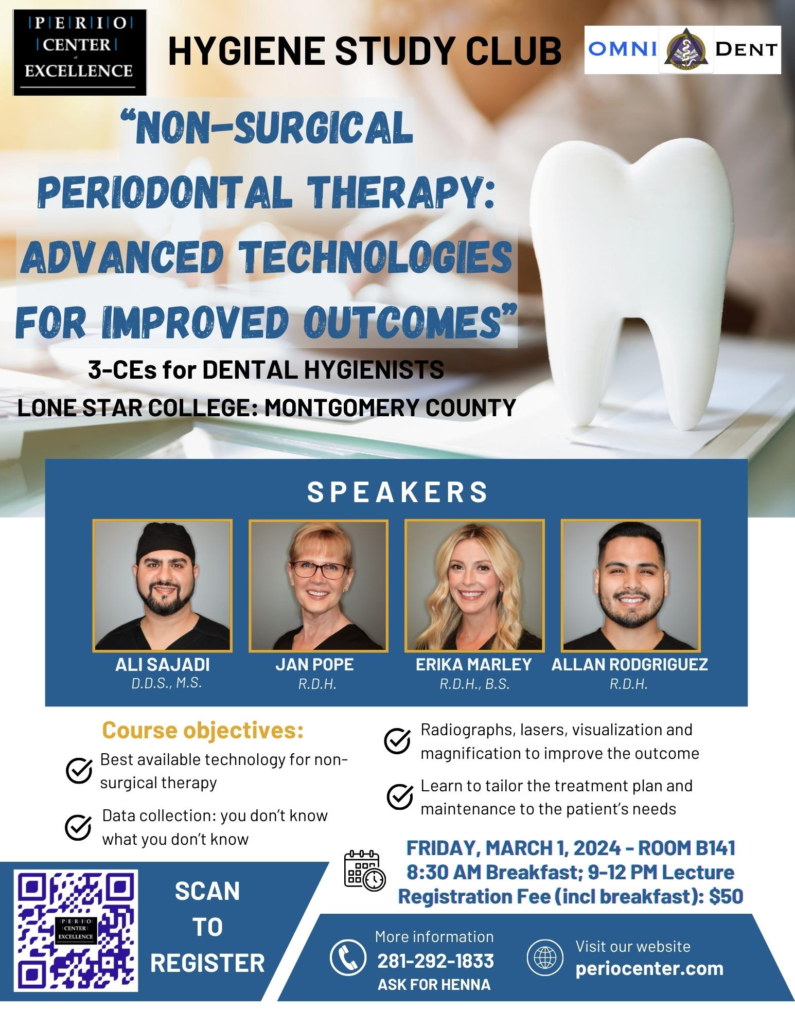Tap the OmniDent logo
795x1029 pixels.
click(683, 50)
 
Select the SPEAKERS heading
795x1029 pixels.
click(397, 492)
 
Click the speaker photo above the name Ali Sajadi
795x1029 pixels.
click(163, 586)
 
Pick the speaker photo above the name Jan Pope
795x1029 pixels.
click(319, 586)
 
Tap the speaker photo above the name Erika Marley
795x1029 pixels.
click(474, 586)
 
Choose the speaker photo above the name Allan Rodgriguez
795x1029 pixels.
click(630, 586)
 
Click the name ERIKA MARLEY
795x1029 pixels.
click(473, 664)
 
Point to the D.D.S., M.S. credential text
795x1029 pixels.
click(166, 683)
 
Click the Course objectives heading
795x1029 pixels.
click(203, 730)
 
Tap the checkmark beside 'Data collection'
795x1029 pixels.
click(79, 827)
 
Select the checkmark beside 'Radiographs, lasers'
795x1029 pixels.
click(397, 741)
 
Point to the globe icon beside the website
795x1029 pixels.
click(542, 958)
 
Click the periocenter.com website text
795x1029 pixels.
click(649, 968)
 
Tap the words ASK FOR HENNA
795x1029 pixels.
click(434, 985)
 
